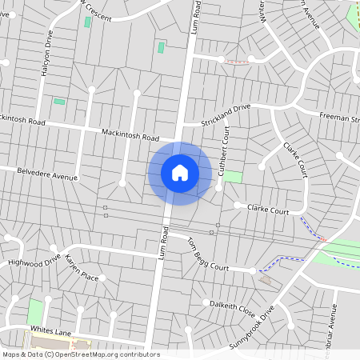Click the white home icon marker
pyautogui.click(x=180, y=173)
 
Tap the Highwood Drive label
pyautogui.click(x=34, y=261)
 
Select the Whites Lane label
pyautogui.click(x=52, y=330)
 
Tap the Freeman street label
pyautogui.click(x=339, y=118)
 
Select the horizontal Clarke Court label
pyautogui.click(x=268, y=210)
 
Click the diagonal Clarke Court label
pyautogui.click(x=295, y=160)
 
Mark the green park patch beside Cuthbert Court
pyautogui.click(x=232, y=176)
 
